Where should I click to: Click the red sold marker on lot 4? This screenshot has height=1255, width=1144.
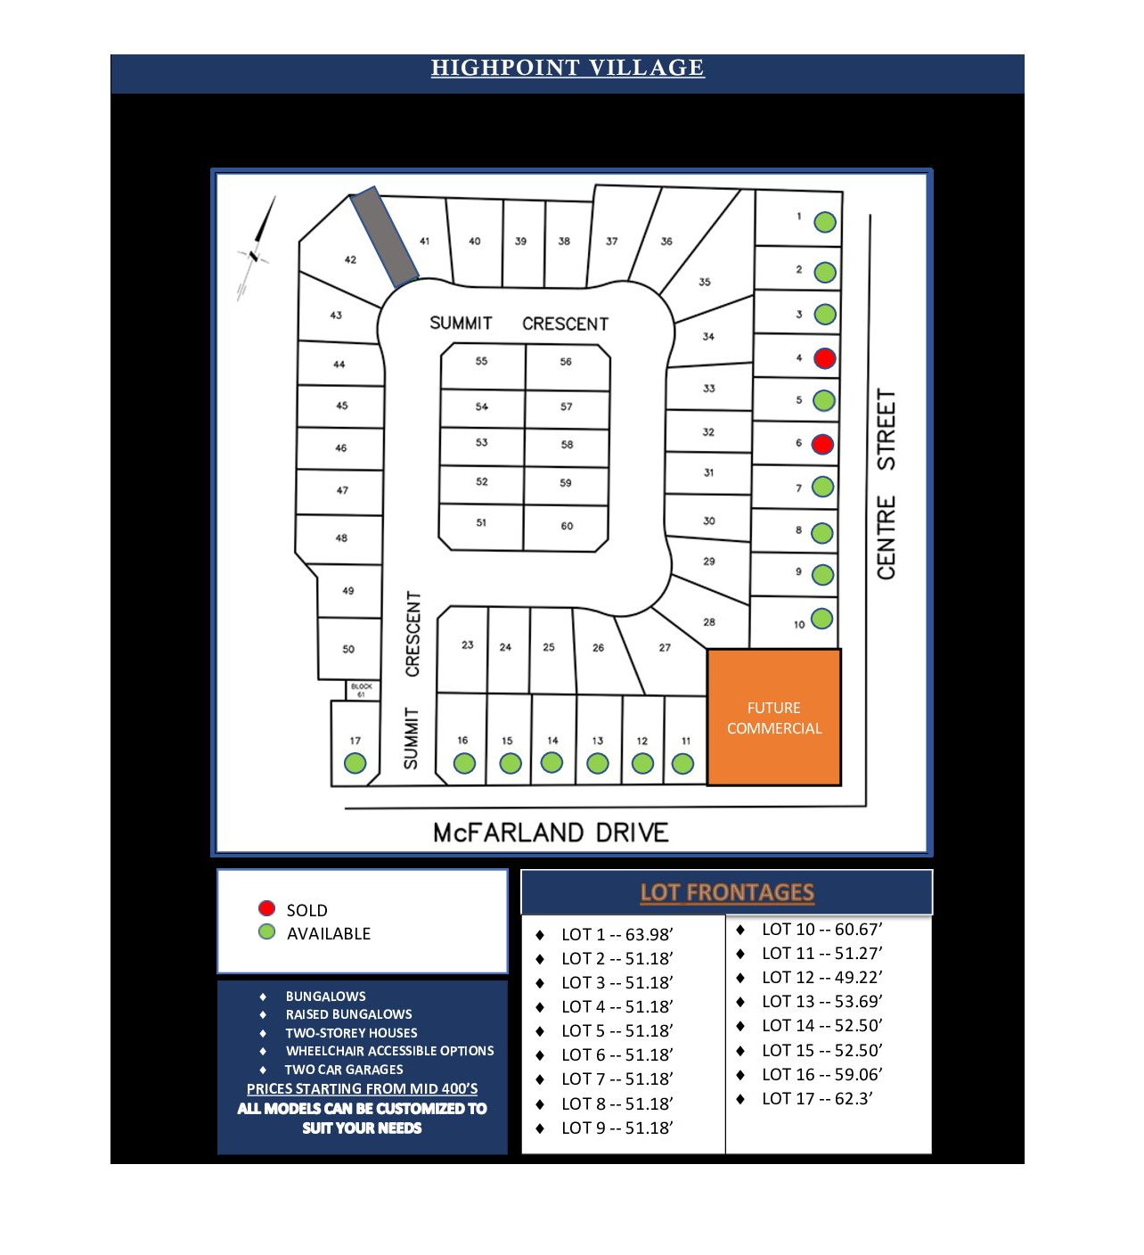(x=825, y=358)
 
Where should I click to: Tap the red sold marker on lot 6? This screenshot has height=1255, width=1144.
(x=822, y=444)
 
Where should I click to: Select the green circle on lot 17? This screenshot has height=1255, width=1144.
(x=355, y=763)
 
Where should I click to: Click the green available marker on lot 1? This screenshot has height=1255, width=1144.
(x=825, y=222)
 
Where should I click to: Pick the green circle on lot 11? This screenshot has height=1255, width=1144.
(x=682, y=764)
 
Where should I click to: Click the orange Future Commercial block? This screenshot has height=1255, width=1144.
(x=773, y=718)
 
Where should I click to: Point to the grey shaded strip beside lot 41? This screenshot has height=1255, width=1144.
(x=384, y=236)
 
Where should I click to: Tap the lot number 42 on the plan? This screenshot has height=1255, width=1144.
(x=350, y=260)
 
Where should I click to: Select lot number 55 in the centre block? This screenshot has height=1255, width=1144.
(x=481, y=361)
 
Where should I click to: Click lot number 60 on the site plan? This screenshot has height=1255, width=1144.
(x=567, y=526)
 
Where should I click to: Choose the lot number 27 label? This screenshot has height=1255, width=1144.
(x=665, y=648)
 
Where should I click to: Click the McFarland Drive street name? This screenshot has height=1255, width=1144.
(x=551, y=833)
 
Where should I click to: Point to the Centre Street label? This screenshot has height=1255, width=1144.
(x=886, y=484)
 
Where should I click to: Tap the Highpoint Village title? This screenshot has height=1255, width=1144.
(x=568, y=68)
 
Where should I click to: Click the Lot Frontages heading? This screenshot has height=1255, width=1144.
(x=727, y=892)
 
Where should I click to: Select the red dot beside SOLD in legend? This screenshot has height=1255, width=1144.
(x=266, y=908)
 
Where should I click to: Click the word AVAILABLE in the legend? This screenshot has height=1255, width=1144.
(x=329, y=933)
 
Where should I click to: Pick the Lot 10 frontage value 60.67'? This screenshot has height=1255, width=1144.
(x=858, y=929)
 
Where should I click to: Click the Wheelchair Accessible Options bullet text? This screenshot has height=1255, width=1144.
(x=389, y=1051)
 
